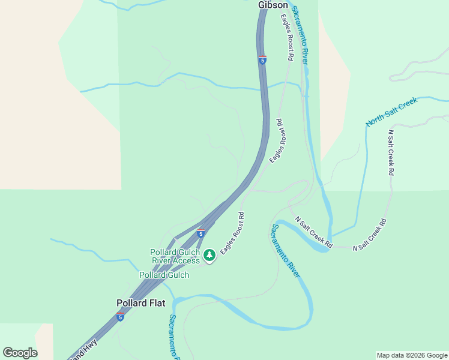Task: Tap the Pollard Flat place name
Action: [x=140, y=303]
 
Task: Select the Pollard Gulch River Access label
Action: [x=175, y=256]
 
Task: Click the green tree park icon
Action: [x=209, y=256]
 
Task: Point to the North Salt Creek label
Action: [x=391, y=112]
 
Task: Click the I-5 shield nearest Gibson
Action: [x=263, y=60]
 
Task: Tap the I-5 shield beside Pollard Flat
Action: [x=120, y=316]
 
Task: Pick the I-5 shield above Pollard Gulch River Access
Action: [x=200, y=232]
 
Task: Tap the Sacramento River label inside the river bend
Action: [x=285, y=250]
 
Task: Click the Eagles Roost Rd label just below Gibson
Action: [x=286, y=38]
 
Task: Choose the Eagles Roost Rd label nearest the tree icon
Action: [x=232, y=233]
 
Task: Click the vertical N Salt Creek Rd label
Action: [x=391, y=152]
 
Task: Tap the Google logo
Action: [x=20, y=353]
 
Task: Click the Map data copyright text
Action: [x=412, y=355]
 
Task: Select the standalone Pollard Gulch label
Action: [x=164, y=275]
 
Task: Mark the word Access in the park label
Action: [x=186, y=260]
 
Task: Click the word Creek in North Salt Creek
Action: [x=407, y=104]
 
